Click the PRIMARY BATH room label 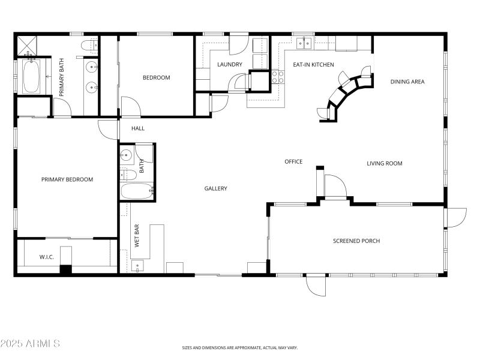(x=61, y=77)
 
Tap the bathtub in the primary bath (x=31, y=77)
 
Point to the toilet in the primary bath (x=88, y=44)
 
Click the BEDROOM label (x=156, y=77)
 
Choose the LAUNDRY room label (x=230, y=64)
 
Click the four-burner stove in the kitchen (x=278, y=76)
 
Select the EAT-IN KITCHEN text (x=313, y=64)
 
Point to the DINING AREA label (x=407, y=82)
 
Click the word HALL (x=138, y=128)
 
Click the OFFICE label (x=293, y=161)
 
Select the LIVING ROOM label (x=385, y=163)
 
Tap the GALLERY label (x=215, y=188)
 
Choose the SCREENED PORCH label (x=356, y=241)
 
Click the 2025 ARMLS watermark (x=30, y=344)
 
